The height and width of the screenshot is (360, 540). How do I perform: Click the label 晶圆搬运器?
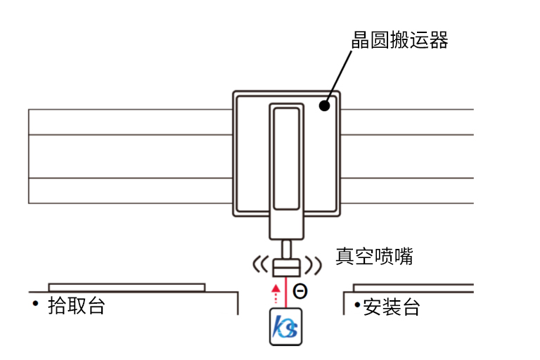coord(399,40)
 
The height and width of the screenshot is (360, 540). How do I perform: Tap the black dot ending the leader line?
coord(324,106)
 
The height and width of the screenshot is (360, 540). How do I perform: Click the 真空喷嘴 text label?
coord(373,257)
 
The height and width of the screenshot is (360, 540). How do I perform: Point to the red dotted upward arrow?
coord(276,294)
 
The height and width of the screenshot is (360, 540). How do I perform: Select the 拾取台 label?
coord(76,306)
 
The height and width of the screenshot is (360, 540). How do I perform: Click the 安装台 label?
coord(392,307)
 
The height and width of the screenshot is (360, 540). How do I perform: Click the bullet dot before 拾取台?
coord(35,302)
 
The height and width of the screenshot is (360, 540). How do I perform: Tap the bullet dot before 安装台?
coord(357,304)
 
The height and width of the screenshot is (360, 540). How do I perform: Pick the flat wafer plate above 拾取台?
coord(127,287)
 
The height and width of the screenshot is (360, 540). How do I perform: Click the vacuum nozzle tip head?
coord(286,268)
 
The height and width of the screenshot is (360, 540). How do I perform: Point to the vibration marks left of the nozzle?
coord(259,266)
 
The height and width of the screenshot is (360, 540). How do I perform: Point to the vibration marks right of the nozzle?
coord(314,265)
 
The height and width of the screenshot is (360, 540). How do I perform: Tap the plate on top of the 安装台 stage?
coord(413,288)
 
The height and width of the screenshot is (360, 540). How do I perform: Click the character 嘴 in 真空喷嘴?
coord(402,257)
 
